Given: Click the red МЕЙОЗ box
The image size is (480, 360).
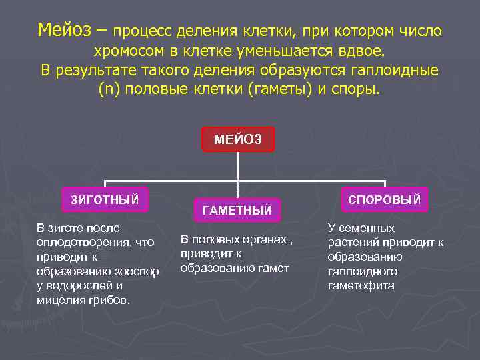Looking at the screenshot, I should coord(238,139).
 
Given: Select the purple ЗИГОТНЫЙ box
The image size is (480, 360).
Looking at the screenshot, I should coord(105,197).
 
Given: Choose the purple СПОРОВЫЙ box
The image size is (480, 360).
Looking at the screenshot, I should coord(384,199).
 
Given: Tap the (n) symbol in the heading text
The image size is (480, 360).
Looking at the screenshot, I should coord(107,89).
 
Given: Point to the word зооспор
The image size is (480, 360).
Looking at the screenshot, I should coord(137,271).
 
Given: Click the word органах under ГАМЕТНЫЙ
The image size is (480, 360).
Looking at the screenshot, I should coord(259,239).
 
